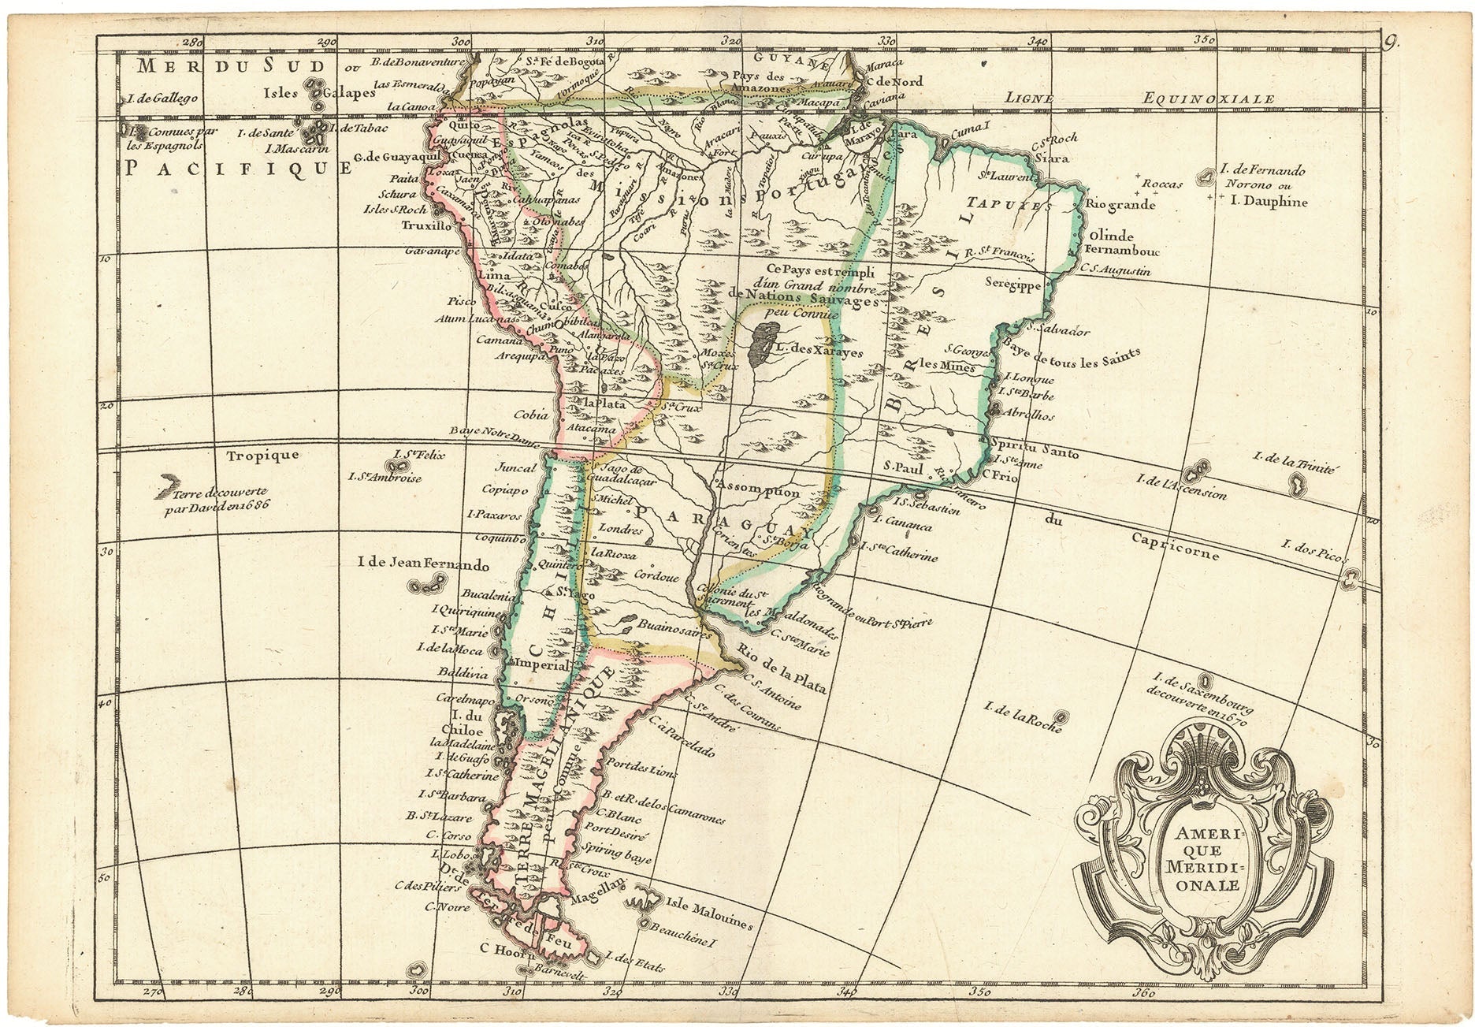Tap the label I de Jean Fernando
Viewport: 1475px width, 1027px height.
(423, 565)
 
